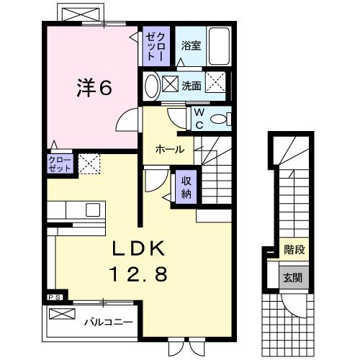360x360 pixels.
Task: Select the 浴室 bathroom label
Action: point(191,45)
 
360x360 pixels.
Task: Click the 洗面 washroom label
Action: point(191,86)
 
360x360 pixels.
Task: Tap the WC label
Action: point(199,118)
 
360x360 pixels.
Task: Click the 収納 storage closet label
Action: point(185,186)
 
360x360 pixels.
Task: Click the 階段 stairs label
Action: point(292,251)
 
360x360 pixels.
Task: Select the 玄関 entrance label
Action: point(292,276)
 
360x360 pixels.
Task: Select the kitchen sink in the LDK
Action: point(94,210)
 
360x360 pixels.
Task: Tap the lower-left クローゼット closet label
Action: point(60,163)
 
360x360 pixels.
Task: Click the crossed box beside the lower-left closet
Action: point(89,163)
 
